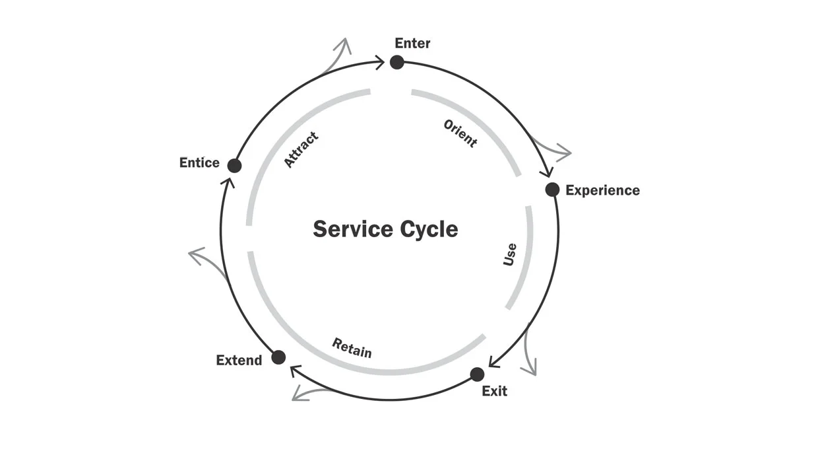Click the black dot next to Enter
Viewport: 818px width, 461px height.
(x=396, y=62)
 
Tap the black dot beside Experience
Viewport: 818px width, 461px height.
(x=552, y=190)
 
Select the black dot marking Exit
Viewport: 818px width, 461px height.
(x=477, y=374)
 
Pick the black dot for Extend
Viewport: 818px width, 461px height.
(x=278, y=357)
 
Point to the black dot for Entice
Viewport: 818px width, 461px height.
(x=234, y=165)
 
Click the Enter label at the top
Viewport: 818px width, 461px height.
(x=412, y=44)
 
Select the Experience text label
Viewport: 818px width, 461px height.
(x=602, y=190)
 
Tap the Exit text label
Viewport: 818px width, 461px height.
(x=494, y=391)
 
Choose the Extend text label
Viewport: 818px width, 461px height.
(x=239, y=361)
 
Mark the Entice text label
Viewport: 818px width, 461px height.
(x=199, y=162)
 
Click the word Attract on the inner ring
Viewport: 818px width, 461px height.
(x=301, y=149)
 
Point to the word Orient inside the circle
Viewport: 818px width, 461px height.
(x=460, y=133)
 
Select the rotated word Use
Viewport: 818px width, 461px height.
(x=510, y=254)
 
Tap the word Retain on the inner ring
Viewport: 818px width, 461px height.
(x=352, y=348)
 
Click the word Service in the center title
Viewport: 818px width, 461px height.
(x=352, y=229)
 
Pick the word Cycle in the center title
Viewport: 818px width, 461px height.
(x=429, y=229)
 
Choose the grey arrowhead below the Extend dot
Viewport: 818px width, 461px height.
(x=301, y=394)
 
